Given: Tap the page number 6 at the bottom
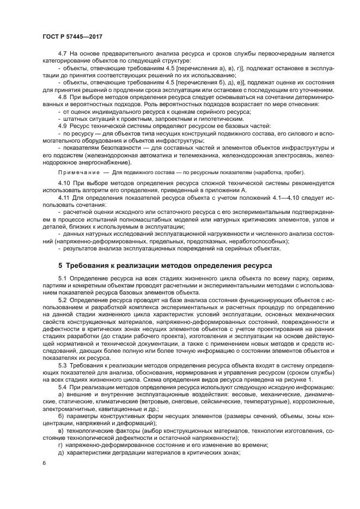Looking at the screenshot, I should (x=44, y=463).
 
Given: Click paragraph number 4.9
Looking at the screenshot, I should (x=62, y=126).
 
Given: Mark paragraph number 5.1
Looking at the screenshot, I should (x=62, y=279).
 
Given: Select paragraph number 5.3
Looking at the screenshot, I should (x=62, y=364).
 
